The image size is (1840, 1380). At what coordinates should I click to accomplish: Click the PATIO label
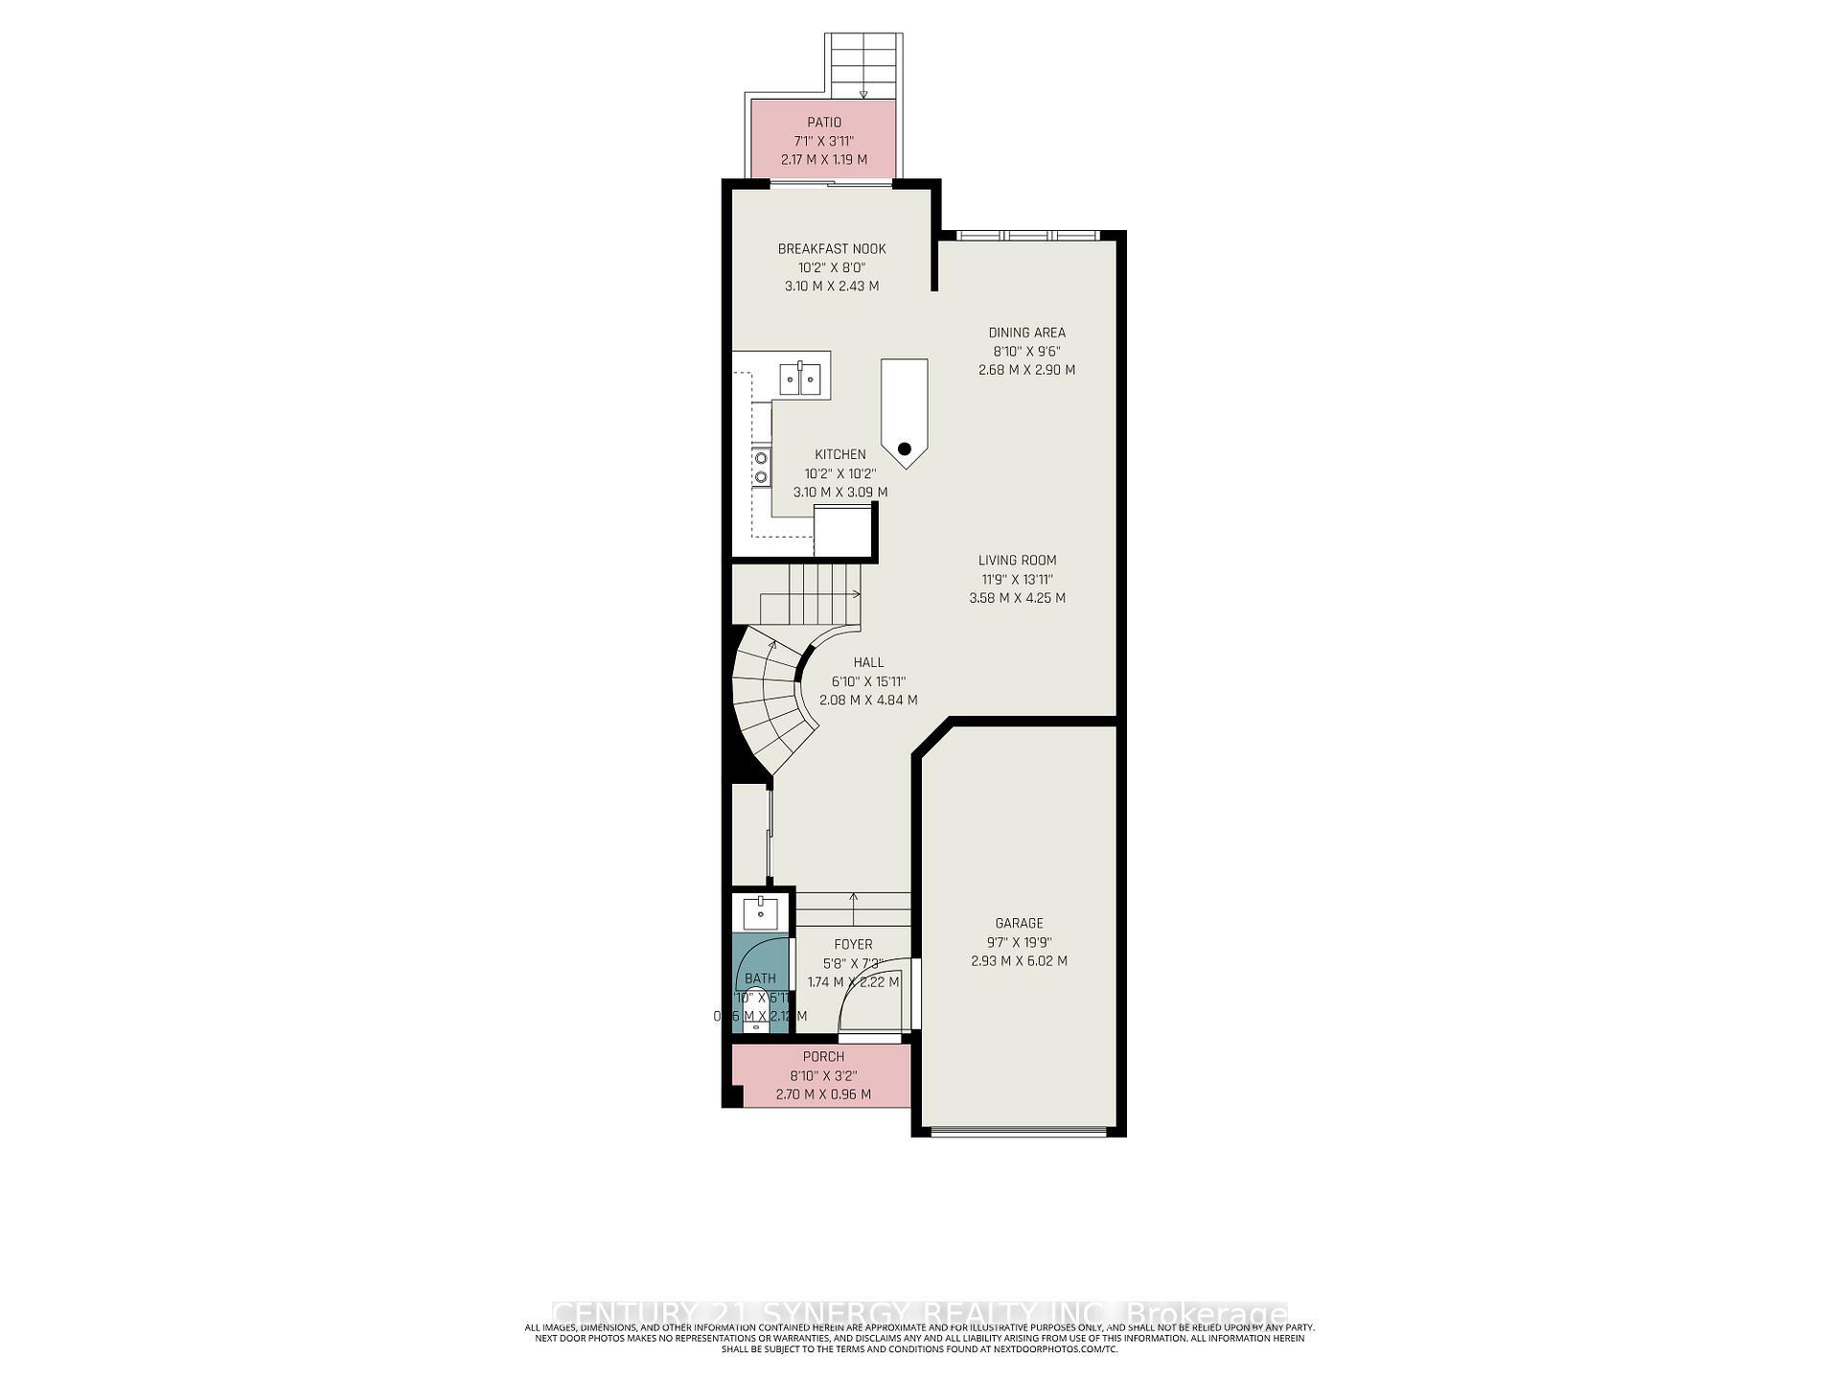[824, 123]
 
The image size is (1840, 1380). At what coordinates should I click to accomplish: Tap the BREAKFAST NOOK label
[832, 249]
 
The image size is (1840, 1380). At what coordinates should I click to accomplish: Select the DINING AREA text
[1026, 333]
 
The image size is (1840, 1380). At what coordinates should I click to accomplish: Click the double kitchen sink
[800, 379]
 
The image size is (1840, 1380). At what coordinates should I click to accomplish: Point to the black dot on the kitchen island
[904, 448]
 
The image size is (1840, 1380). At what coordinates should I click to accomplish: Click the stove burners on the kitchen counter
[761, 467]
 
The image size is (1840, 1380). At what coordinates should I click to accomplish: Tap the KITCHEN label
[839, 454]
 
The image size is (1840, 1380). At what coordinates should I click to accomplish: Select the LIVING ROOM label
[1017, 561]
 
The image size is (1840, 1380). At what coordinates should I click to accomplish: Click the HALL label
[868, 662]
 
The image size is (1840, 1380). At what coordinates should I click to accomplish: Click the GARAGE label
[1019, 923]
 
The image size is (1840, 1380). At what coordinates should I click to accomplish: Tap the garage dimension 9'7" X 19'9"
[1019, 942]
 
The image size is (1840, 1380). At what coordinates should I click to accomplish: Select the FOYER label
[853, 944]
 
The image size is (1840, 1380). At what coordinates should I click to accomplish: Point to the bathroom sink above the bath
[761, 911]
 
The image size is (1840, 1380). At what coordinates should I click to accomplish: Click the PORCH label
[823, 1057]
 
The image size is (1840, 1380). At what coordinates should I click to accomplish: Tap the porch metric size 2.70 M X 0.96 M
[823, 1093]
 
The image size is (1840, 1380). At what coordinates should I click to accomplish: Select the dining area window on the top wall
[1026, 235]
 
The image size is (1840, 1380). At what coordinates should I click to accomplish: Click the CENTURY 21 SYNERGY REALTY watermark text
[920, 1312]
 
